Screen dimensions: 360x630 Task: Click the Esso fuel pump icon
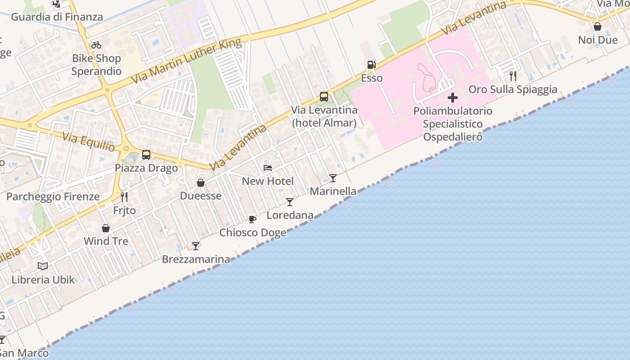tap(371, 65)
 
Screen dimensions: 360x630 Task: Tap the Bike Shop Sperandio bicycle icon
tap(96, 45)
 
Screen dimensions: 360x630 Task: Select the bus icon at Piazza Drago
tap(146, 155)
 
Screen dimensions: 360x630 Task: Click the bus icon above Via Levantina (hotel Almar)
tap(324, 96)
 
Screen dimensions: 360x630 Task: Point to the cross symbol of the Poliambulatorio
tap(453, 98)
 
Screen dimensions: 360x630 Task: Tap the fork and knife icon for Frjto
tap(124, 197)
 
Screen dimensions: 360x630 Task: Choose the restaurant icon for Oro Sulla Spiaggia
tap(513, 76)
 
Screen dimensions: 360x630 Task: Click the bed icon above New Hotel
tap(268, 168)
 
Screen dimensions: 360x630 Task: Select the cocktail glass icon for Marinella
tap(333, 178)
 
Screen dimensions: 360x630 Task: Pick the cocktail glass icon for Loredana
tap(290, 202)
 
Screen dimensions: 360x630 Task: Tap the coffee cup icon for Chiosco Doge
tap(252, 219)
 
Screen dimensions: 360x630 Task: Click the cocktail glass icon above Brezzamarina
tap(196, 246)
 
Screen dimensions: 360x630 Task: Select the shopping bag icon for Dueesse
tap(201, 183)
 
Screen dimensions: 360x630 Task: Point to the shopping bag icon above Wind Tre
tap(106, 228)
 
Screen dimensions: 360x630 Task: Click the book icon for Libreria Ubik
tap(43, 266)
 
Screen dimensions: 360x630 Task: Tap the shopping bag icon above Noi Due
tap(598, 27)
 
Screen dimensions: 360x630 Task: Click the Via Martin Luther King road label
tap(186, 62)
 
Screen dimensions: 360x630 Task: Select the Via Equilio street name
tap(89, 142)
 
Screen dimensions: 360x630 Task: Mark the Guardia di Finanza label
tap(57, 17)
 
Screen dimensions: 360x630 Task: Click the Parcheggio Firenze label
tap(53, 197)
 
